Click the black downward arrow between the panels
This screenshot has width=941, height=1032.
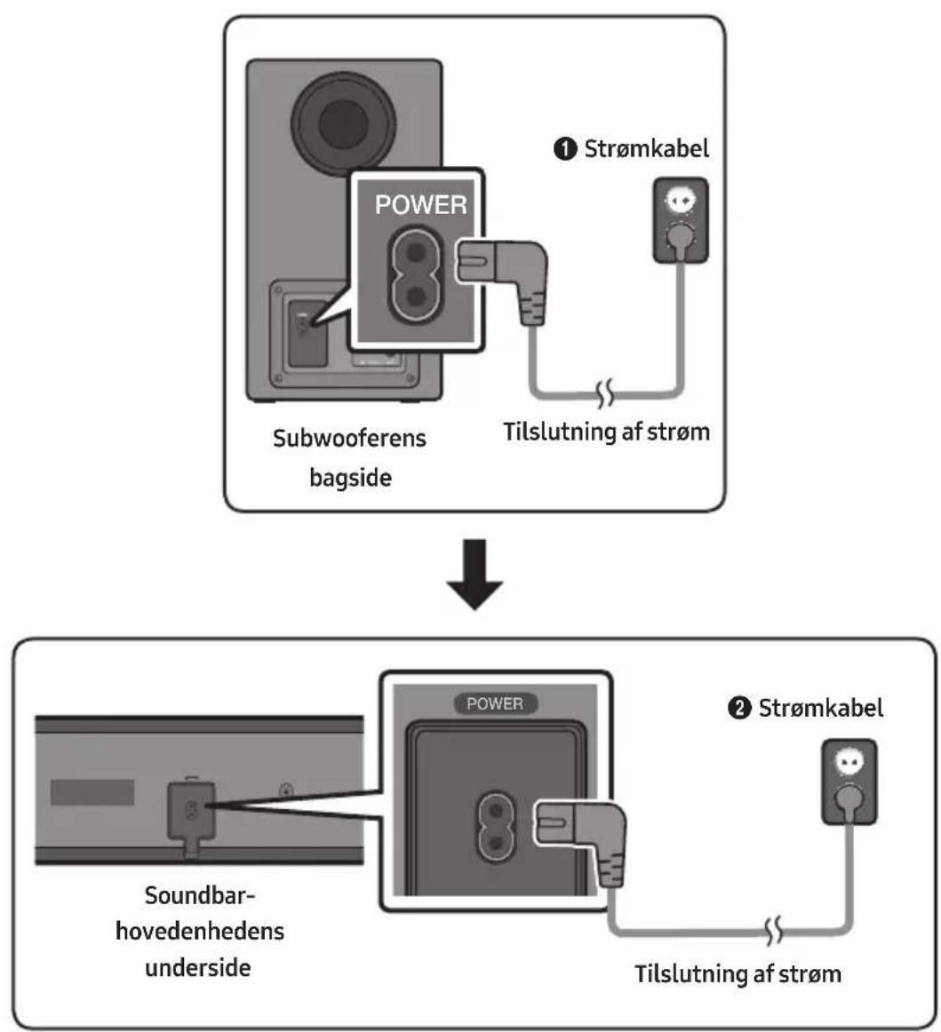(474, 574)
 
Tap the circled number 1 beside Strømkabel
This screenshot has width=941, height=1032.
(565, 148)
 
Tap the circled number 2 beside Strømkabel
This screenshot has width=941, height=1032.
(738, 709)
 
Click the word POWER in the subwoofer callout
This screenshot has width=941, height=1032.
(421, 204)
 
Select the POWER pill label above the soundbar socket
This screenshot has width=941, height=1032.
(495, 703)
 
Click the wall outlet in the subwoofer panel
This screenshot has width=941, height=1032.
(681, 220)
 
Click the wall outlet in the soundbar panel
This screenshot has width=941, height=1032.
(849, 782)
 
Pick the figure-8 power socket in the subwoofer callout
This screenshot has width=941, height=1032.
(415, 274)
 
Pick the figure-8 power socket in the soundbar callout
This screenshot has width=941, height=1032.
(496, 827)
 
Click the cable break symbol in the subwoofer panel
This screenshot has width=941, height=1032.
(605, 393)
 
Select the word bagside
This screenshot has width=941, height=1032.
(350, 478)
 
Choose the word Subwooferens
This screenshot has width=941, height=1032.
(350, 438)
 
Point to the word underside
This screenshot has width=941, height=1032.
(197, 967)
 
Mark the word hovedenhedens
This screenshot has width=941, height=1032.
(200, 931)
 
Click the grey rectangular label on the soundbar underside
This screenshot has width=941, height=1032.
(92, 792)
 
